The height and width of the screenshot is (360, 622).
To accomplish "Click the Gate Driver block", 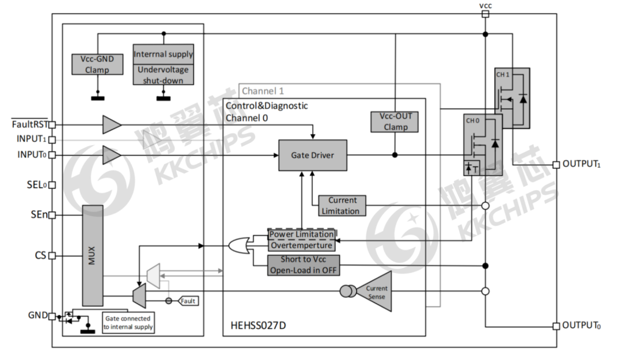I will [x=313, y=155].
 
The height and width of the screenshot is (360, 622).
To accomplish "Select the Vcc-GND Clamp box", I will [x=97, y=64].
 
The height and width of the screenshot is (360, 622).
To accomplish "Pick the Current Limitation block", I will [x=342, y=206].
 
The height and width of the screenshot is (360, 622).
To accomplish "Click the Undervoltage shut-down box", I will [x=163, y=75].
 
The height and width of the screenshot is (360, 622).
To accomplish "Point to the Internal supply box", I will [x=163, y=54].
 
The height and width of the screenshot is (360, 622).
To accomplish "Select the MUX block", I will [x=92, y=255].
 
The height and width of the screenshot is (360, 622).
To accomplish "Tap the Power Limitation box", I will [x=301, y=234].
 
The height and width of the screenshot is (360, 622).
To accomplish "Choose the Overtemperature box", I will [x=301, y=245].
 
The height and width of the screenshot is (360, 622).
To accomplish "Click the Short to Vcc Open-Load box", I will [x=303, y=265].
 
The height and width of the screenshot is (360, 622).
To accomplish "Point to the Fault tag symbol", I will [x=188, y=301].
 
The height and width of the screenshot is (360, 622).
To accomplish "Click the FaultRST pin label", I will [x=28, y=123].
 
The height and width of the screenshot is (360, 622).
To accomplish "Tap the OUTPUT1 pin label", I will [x=582, y=164].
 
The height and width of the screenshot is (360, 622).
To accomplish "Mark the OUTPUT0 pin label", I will [x=582, y=325].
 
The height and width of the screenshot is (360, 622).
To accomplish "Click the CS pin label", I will [x=40, y=255].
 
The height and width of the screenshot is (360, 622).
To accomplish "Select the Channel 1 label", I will [x=263, y=91].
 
